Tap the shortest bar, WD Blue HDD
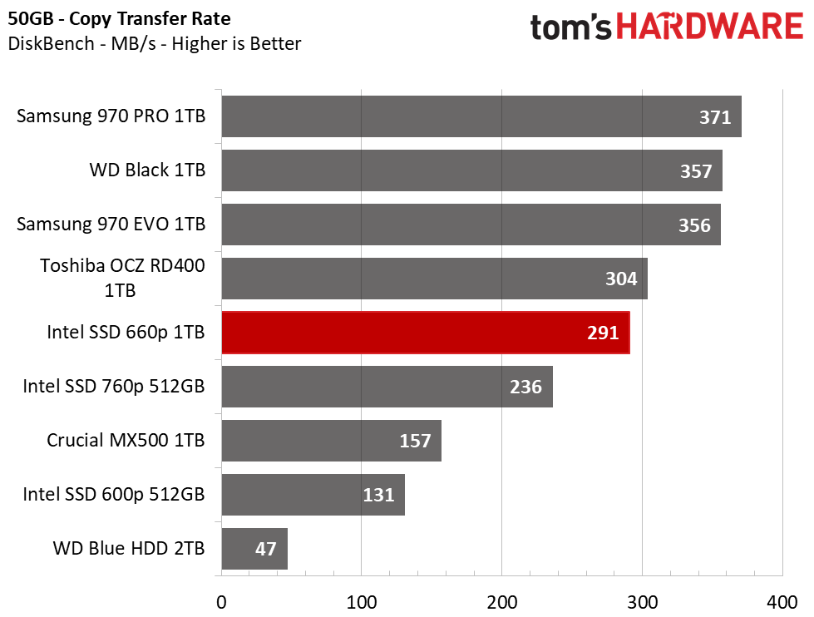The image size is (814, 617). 254,549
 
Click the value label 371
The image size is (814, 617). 714,117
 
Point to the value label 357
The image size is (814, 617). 696,171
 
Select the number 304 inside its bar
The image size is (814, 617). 621,279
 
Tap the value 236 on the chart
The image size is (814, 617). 525,387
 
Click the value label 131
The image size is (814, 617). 378,495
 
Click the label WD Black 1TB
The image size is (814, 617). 148,170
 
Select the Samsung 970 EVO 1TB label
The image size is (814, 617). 111,225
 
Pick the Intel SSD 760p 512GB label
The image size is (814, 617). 114,387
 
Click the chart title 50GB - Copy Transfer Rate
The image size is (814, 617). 119,18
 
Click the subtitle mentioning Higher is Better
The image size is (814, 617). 154,43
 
